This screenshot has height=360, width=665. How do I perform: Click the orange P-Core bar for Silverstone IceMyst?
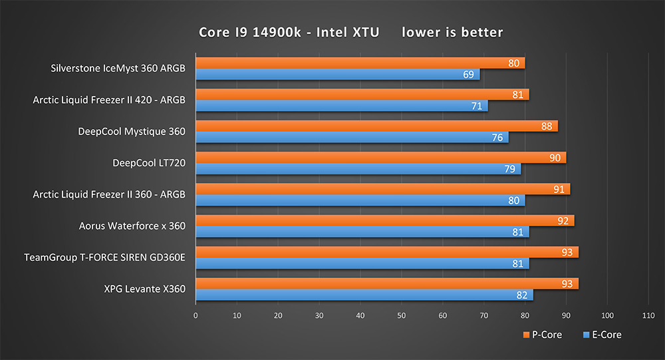[359, 63]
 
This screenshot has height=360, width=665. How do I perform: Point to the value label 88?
[547, 126]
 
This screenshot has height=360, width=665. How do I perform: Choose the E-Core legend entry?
[602, 335]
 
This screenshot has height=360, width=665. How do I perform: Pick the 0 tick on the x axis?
[196, 315]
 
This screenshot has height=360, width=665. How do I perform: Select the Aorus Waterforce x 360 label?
[132, 226]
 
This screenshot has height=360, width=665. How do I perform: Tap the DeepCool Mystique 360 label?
[131, 132]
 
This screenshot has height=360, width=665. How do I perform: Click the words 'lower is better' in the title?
[452, 32]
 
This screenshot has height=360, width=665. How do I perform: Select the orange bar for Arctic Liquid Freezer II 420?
[362, 94]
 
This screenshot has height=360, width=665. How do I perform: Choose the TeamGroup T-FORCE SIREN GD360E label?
[104, 258]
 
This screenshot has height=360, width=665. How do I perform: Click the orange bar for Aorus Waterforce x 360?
[384, 220]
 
